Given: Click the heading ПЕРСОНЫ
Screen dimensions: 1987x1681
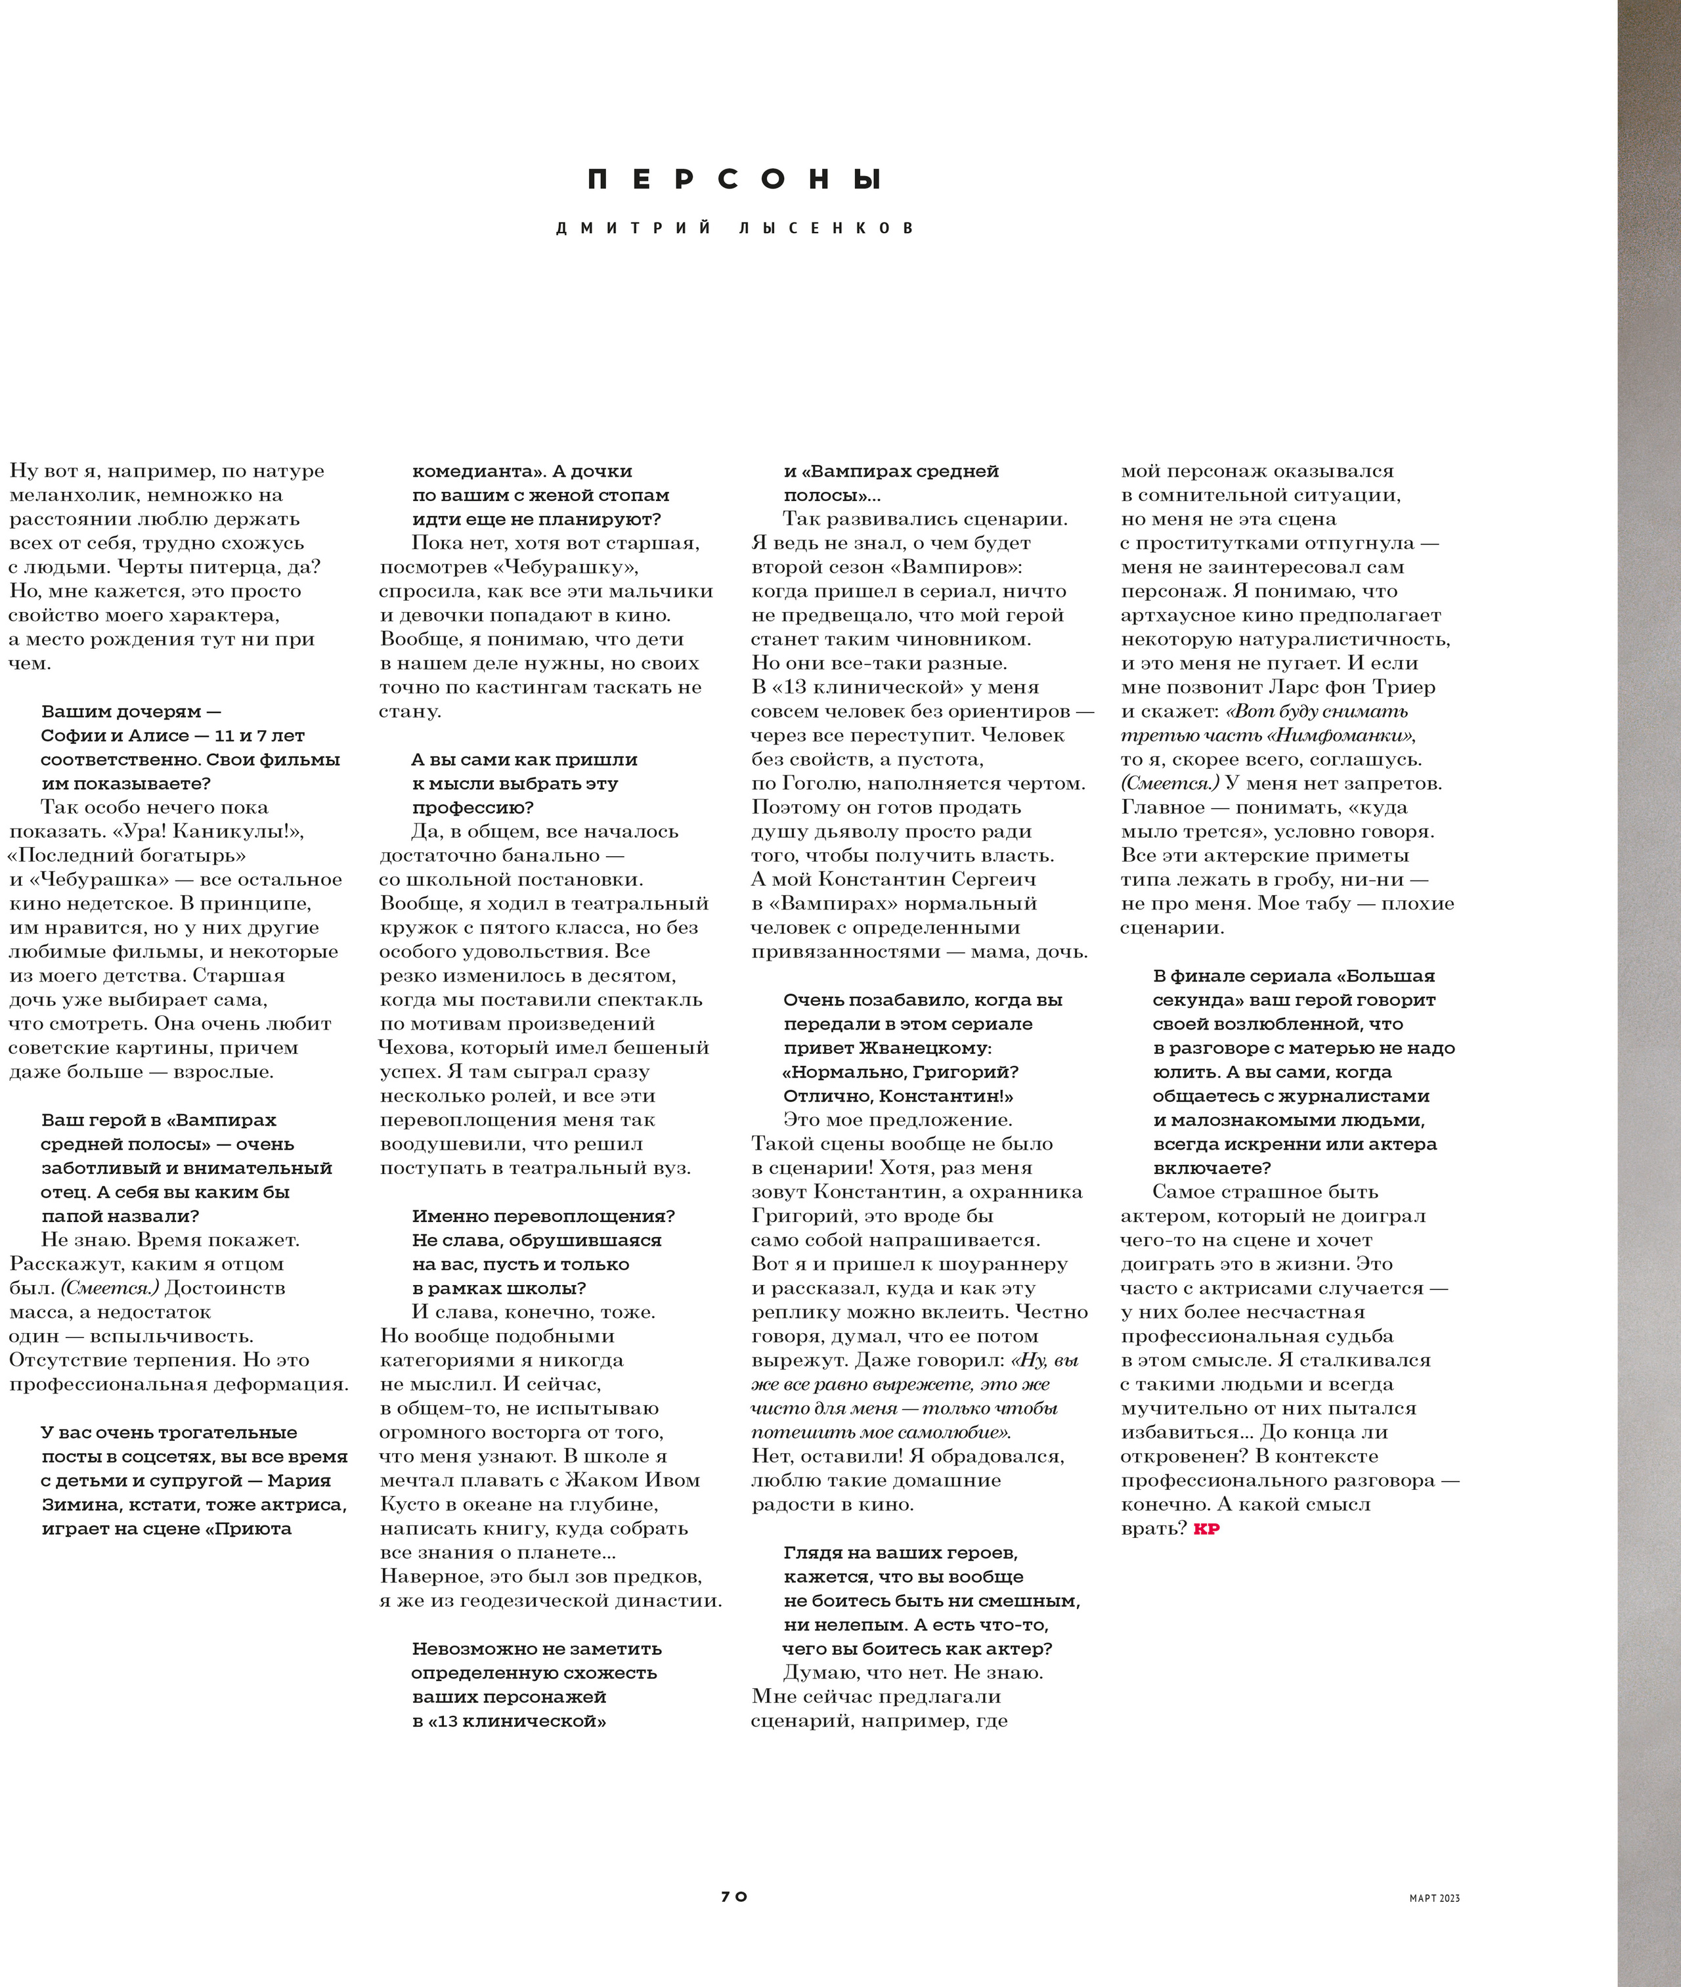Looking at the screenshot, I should (x=735, y=179).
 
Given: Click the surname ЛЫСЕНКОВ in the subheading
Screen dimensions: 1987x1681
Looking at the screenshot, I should (x=825, y=229).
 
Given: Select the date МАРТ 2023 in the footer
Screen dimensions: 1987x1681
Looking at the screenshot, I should (x=1434, y=1898).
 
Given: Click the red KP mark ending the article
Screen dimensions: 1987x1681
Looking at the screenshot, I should (x=1206, y=1529).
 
